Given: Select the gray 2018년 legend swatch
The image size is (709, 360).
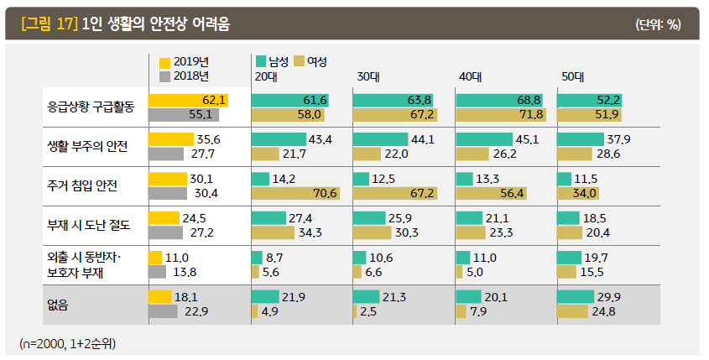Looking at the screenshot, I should (164, 76).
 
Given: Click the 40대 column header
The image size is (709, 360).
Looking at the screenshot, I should (469, 76).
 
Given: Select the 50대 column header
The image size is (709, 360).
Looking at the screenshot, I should (572, 76).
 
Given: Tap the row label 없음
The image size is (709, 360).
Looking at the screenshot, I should (58, 304).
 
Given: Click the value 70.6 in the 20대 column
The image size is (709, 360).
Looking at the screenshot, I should (324, 193).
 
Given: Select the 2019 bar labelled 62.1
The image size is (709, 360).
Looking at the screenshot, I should (188, 101).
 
